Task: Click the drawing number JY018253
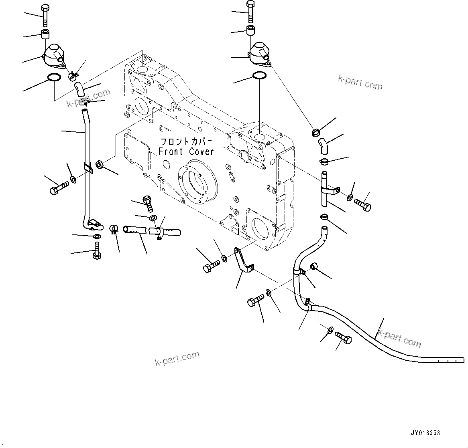(x=425, y=433)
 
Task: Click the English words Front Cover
(x=186, y=152)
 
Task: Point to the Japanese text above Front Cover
(x=186, y=142)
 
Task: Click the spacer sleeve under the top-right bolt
(x=251, y=30)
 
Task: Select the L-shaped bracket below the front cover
(x=243, y=262)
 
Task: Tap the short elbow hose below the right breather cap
(x=324, y=145)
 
